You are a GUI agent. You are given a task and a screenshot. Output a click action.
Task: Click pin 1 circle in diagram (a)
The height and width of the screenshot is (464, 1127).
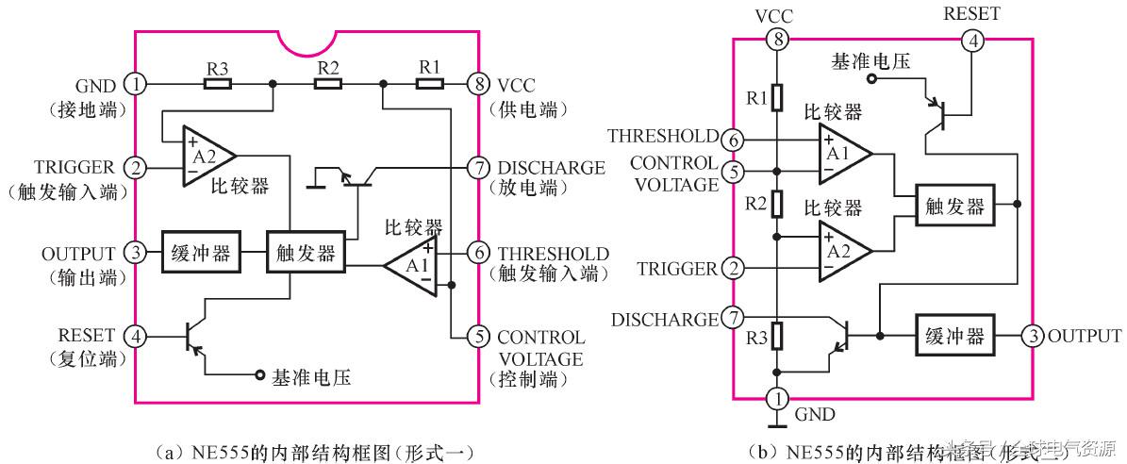point(138,84)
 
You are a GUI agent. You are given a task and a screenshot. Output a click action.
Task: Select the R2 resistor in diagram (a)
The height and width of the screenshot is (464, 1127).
point(327,84)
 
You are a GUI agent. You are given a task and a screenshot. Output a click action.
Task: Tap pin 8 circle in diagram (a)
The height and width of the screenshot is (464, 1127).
point(480,84)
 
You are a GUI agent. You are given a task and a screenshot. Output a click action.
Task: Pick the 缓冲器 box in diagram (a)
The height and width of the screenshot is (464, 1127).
point(197,253)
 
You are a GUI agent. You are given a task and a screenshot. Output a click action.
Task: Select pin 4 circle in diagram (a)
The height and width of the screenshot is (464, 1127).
point(138,335)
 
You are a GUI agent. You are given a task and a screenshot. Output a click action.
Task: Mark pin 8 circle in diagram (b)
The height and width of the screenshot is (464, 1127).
point(775,41)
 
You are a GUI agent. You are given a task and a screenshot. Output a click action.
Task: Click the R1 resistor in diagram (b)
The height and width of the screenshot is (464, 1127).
point(775,97)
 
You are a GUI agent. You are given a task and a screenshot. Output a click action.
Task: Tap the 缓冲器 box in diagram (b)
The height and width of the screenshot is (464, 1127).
point(954,336)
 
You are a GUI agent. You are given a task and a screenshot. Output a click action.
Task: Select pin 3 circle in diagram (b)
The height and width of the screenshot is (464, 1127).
point(1035,336)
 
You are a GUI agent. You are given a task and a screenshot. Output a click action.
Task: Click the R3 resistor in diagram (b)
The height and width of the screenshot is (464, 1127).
point(775,335)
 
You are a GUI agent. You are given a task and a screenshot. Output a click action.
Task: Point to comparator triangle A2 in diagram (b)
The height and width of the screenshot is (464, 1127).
point(842,252)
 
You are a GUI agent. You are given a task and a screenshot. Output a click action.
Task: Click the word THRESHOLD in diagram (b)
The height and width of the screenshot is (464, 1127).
point(662,137)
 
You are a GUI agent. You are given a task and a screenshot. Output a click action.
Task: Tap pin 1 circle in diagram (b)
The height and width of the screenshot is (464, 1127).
point(775,398)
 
